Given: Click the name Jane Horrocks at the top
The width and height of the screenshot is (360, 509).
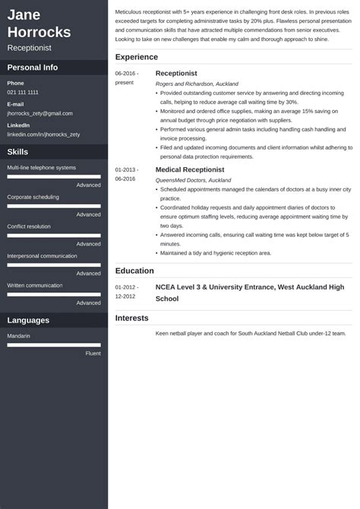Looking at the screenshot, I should [39, 24].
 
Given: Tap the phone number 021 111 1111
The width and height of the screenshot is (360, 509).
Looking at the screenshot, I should [23, 92].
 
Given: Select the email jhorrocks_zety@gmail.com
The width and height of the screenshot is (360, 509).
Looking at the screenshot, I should [39, 112].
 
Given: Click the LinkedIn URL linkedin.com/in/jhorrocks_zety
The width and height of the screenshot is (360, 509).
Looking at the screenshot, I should [43, 134].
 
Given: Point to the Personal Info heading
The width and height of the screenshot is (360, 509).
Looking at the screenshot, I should [33, 67].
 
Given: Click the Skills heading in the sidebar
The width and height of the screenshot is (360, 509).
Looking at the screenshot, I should [17, 152].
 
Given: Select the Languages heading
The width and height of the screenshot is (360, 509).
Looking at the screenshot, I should [28, 321].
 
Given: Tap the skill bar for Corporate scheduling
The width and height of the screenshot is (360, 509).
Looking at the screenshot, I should [54, 206].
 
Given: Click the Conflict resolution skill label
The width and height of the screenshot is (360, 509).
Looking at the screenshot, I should [29, 226].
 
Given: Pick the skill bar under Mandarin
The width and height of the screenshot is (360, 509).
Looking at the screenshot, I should [54, 344].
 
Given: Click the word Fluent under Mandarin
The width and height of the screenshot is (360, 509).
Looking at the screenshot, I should [93, 353].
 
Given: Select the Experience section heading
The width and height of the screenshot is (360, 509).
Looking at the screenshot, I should [137, 57].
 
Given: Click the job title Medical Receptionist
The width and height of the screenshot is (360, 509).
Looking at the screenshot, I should [190, 169].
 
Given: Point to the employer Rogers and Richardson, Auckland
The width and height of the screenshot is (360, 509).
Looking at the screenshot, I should [197, 84].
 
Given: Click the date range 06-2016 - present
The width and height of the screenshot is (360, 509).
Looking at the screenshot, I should [127, 78].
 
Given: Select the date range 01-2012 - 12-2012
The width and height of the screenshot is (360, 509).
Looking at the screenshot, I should [127, 292].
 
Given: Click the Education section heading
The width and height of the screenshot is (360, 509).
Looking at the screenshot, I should [134, 270].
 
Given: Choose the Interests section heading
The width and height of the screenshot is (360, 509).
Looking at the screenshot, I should [132, 318].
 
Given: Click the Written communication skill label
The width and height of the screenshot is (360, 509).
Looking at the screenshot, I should [35, 285].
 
